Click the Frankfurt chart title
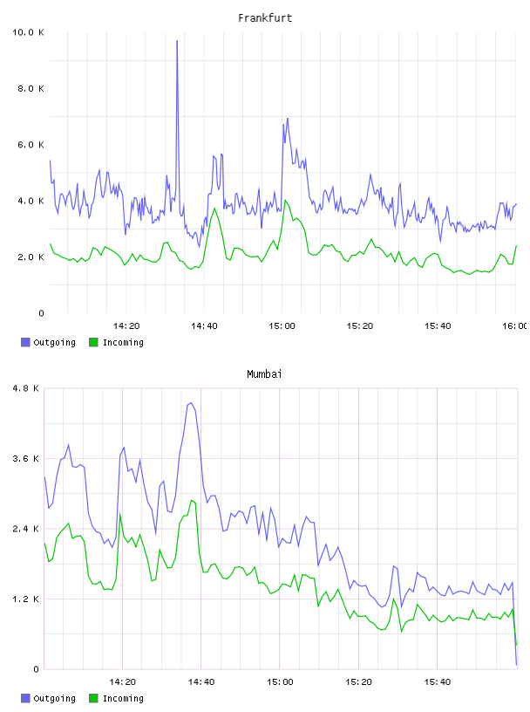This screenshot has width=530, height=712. pyautogui.click(x=265, y=18)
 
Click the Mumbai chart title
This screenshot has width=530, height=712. pyautogui.click(x=264, y=374)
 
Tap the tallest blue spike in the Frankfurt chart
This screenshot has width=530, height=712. pyautogui.click(x=177, y=41)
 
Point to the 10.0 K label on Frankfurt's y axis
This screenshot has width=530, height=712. pyautogui.click(x=28, y=32)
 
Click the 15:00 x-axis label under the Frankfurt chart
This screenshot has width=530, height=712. pyautogui.click(x=282, y=326)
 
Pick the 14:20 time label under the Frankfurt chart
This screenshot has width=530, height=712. pyautogui.click(x=126, y=326)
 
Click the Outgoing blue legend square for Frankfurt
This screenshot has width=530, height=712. pyautogui.click(x=25, y=342)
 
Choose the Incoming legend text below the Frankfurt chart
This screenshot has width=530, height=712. pyautogui.click(x=123, y=343)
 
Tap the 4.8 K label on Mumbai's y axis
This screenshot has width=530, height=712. pyautogui.click(x=26, y=388)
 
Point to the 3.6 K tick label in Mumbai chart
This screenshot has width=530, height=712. pyautogui.click(x=26, y=459)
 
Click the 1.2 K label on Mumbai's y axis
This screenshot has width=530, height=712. pyautogui.click(x=26, y=599)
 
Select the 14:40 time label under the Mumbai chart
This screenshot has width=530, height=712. pyautogui.click(x=201, y=682)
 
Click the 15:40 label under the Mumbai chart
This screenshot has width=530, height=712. pyautogui.click(x=438, y=682)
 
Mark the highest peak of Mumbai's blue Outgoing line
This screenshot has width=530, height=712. pyautogui.click(x=192, y=403)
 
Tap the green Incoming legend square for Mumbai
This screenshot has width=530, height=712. pyautogui.click(x=93, y=698)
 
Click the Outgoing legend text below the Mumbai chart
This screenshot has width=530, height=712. pyautogui.click(x=54, y=699)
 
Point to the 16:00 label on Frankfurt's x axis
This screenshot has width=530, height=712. pyautogui.click(x=514, y=326)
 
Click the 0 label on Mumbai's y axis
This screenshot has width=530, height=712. pyautogui.click(x=37, y=669)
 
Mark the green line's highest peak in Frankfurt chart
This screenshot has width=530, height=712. pyautogui.click(x=285, y=201)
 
